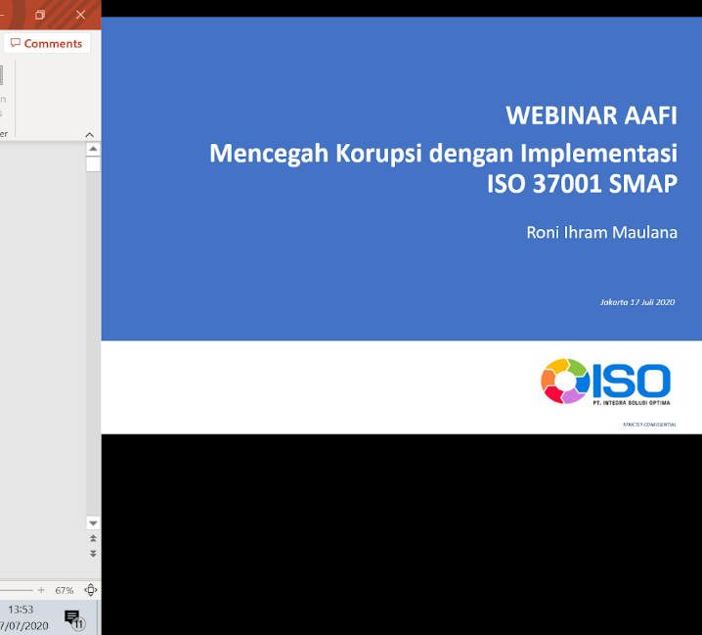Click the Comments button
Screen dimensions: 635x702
(46, 43)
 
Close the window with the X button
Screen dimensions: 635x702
(81, 15)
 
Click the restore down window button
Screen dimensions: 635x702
(40, 15)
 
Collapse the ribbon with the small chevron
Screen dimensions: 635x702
(89, 134)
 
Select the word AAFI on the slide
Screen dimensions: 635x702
(649, 115)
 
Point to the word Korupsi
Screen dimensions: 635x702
(381, 154)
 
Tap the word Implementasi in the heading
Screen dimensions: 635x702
(598, 154)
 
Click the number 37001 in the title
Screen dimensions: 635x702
(567, 184)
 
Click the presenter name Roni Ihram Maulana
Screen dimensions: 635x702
(601, 232)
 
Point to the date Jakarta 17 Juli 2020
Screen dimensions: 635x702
(637, 302)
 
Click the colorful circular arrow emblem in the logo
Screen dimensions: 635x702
(563, 382)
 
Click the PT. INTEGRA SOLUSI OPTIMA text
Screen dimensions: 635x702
(631, 401)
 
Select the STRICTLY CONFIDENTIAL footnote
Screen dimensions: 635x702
(649, 425)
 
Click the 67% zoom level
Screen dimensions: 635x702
(65, 590)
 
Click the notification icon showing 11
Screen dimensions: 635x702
(73, 618)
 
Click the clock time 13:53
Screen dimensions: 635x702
(21, 610)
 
